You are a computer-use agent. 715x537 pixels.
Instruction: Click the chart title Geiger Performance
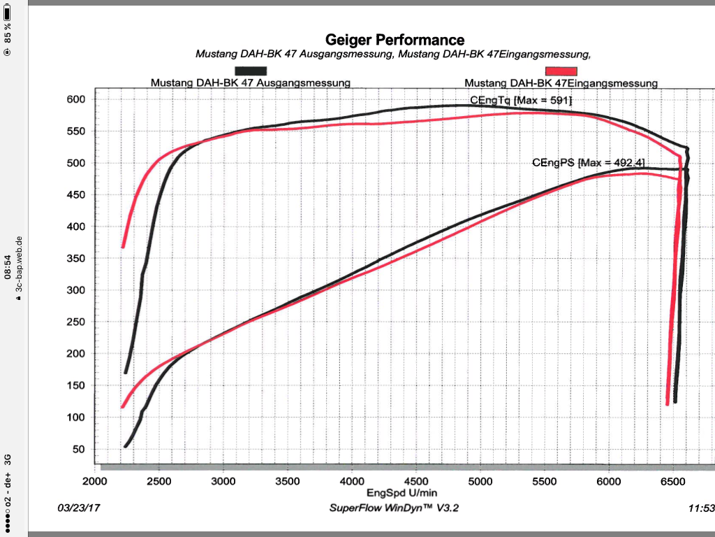pos(395,40)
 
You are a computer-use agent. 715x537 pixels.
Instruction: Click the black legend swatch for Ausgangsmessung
pos(251,71)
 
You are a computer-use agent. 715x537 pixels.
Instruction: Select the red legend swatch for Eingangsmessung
pos(561,71)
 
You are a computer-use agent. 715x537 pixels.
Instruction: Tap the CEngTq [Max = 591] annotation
pos(521,101)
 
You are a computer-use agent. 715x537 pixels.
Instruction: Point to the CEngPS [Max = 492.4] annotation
pos(588,163)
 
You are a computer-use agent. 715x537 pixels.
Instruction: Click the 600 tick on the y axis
pos(75,99)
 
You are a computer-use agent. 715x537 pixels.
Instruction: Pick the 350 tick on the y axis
pos(75,259)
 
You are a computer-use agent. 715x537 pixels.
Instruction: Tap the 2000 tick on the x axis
pos(94,481)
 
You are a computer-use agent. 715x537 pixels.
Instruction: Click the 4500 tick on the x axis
pos(416,481)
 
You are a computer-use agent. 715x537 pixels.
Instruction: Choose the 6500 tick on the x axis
pos(674,481)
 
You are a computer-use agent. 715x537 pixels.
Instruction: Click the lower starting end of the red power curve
pos(123,406)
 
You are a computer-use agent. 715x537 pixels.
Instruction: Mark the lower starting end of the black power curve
pos(126,445)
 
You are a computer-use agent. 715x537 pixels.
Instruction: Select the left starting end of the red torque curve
pos(124,245)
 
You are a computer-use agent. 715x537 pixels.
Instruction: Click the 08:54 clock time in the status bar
pos(7,267)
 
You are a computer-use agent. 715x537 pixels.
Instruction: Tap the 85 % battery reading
pos(7,31)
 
